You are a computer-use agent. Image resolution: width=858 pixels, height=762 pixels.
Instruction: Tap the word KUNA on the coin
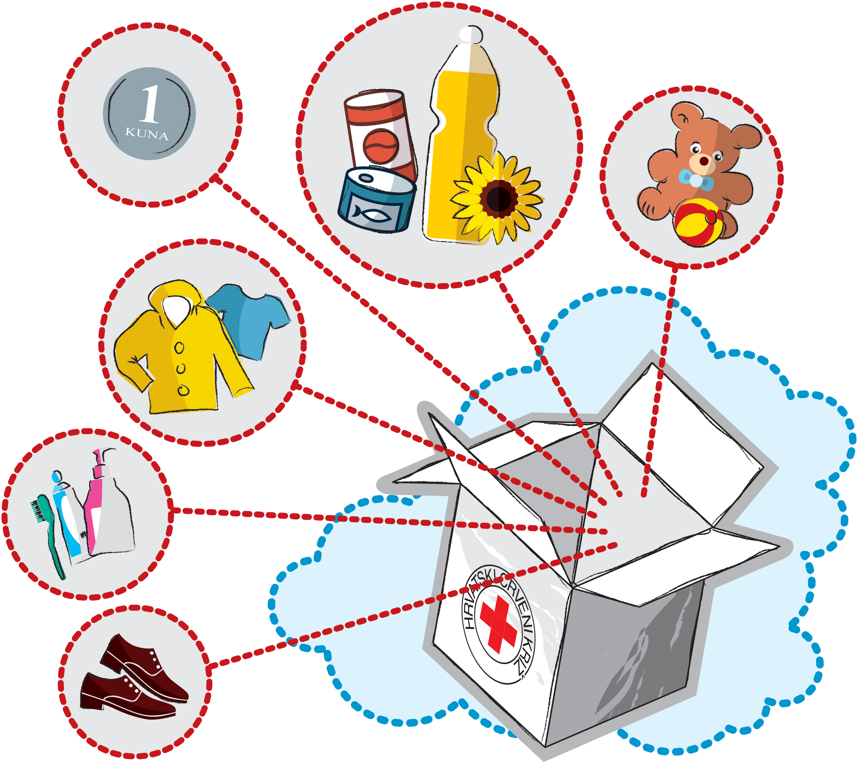pos(147,134)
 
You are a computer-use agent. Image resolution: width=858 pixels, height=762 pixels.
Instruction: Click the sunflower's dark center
pos(499,199)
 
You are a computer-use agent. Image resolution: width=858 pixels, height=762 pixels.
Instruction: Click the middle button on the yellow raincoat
pos(180,368)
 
